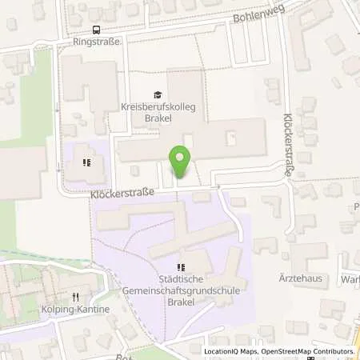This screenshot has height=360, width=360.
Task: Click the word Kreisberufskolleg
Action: pos(158,106)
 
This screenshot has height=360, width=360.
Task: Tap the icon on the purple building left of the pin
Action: pos(88,162)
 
